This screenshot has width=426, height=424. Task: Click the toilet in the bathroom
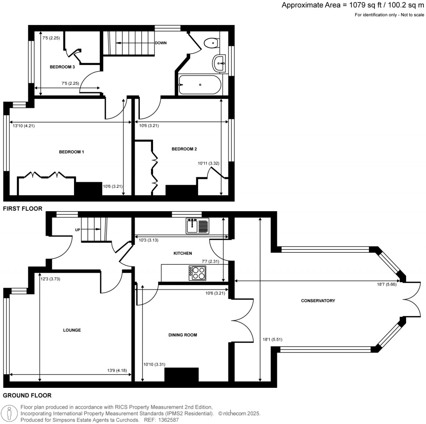tap(213, 42)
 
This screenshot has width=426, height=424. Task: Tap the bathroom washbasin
tap(219, 64)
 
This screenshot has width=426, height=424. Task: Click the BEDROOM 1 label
tap(72, 152)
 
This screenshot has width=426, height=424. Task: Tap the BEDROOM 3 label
tap(62, 67)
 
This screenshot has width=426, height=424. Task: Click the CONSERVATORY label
tap(318, 301)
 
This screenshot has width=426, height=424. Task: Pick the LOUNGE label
tap(72, 330)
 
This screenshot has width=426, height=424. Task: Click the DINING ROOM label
tap(182, 335)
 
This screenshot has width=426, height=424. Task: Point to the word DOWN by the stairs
tap(161, 43)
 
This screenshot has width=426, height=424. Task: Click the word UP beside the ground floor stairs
tap(77, 229)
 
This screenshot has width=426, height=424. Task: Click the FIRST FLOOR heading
tap(22, 209)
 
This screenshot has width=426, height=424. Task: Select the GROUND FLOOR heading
tap(27, 396)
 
